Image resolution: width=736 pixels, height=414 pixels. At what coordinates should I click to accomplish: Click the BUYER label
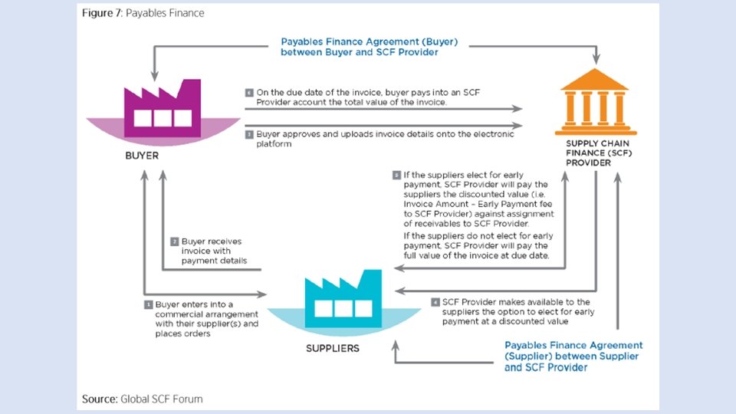pyautogui.click(x=141, y=156)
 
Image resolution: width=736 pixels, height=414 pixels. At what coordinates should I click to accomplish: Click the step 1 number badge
pyautogui.click(x=149, y=304)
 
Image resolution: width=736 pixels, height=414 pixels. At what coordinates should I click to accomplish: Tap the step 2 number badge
pyautogui.click(x=175, y=242)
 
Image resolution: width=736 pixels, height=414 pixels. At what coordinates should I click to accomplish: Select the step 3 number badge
pyautogui.click(x=249, y=133)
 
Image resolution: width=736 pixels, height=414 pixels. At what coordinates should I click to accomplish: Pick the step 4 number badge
pyautogui.click(x=435, y=302)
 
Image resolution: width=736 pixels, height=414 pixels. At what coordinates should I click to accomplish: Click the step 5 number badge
pyautogui.click(x=396, y=175)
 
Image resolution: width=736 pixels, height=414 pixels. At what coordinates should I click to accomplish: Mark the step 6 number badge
pyautogui.click(x=249, y=93)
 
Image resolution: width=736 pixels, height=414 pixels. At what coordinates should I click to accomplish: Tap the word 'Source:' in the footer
pyautogui.click(x=100, y=399)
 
